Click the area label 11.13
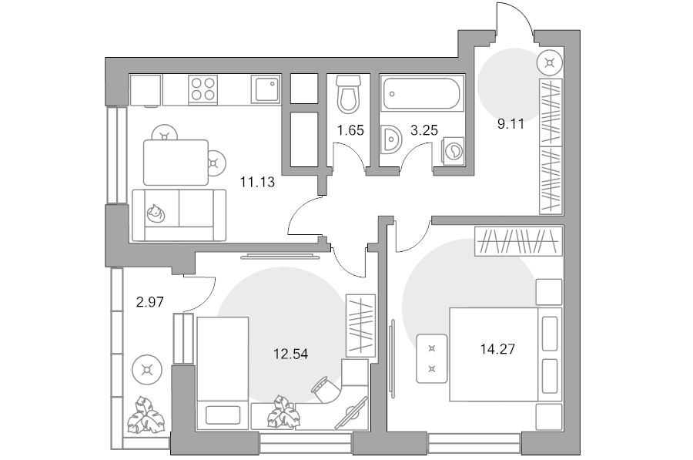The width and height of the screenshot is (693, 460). (x=257, y=182)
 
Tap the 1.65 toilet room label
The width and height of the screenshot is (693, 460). (x=350, y=130)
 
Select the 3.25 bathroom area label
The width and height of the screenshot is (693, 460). (x=423, y=130)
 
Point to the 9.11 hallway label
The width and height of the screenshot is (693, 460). (x=511, y=124)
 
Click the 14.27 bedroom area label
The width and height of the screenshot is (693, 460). (x=497, y=349)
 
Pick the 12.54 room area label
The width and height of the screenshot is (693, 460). (x=290, y=354)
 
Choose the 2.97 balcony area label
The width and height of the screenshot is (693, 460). (x=150, y=302)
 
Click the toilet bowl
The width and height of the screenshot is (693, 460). (x=348, y=94)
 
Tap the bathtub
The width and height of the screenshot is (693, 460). (x=421, y=93)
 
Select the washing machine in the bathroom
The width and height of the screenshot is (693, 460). (x=454, y=151)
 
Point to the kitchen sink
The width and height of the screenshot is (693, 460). (x=266, y=89)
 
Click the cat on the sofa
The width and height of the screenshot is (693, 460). (x=156, y=213)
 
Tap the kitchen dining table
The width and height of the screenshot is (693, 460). (x=176, y=163)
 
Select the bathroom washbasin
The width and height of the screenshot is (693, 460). (x=391, y=139)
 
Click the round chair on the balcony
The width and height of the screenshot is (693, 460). (x=147, y=369)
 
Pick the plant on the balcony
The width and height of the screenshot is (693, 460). (x=146, y=414)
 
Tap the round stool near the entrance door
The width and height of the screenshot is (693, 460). (x=550, y=63)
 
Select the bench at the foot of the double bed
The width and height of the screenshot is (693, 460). (x=432, y=358)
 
